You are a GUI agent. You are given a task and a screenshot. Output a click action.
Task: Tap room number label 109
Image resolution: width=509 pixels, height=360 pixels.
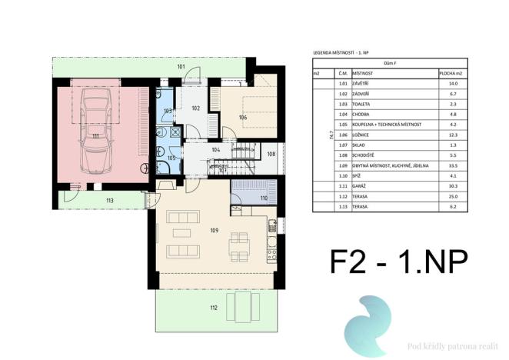click(x=215, y=229)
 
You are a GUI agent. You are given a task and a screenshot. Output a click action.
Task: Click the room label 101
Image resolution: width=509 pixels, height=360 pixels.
click(x=181, y=67)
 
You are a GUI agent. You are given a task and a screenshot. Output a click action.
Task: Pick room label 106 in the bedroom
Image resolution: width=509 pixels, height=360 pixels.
click(x=242, y=117)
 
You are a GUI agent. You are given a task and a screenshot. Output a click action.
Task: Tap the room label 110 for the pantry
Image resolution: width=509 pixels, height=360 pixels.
click(x=264, y=198)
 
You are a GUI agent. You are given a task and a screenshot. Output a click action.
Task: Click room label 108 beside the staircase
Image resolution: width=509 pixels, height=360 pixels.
click(x=271, y=154)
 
